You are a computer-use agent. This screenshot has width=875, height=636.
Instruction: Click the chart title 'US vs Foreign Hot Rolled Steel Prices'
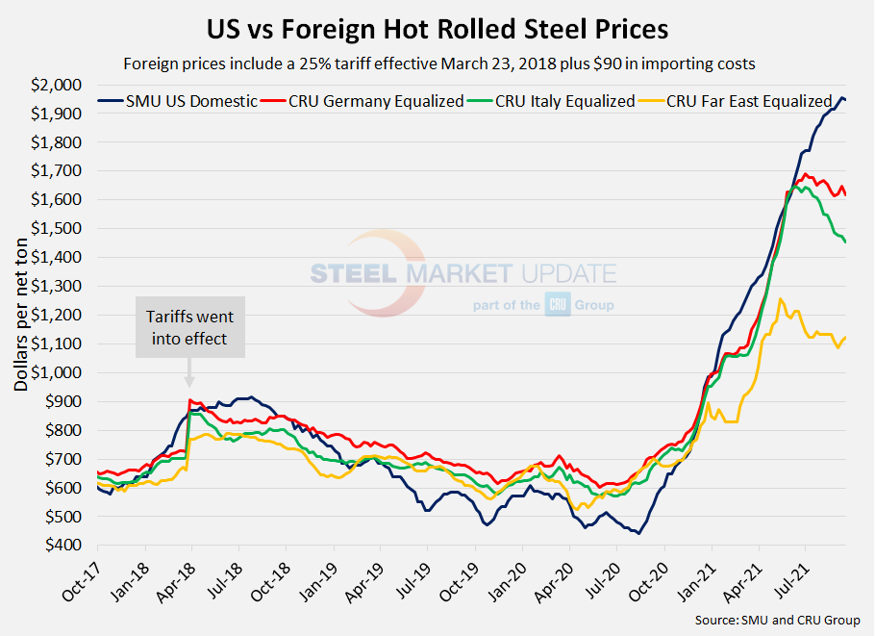point(437,29)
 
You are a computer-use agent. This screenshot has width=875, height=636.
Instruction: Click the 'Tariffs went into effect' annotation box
point(189,327)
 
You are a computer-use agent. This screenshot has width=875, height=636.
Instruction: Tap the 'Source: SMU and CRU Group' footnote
point(777,620)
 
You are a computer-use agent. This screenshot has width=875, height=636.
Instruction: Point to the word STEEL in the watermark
point(354,273)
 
